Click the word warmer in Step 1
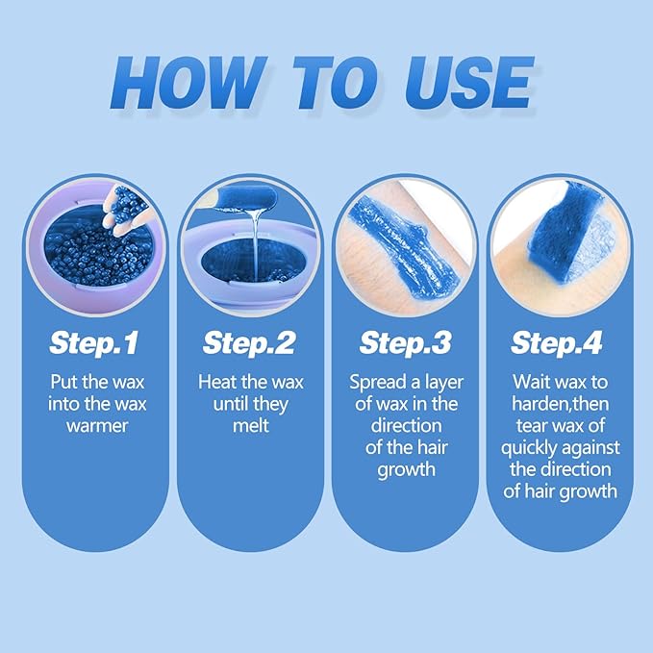pyautogui.click(x=96, y=425)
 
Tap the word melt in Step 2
pyautogui.click(x=250, y=425)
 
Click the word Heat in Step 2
pyautogui.click(x=216, y=381)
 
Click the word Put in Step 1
pyautogui.click(x=63, y=381)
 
